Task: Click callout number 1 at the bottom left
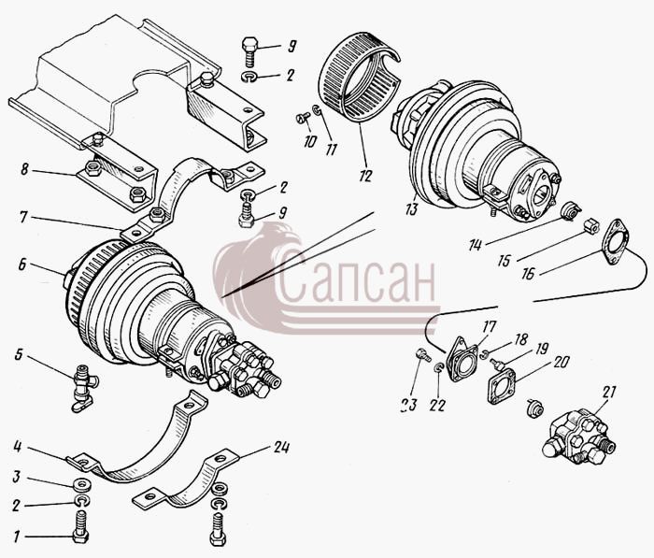coord(16,537)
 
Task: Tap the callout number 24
coord(281,448)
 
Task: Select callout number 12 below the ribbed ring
coord(365,176)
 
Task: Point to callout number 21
coord(608,392)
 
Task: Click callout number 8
coord(24,169)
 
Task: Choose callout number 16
coord(528,274)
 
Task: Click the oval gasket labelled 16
coord(615,242)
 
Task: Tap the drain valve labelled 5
coord(84,386)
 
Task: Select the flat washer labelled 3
coord(81,486)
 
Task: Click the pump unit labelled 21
coord(579,437)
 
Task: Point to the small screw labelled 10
coord(304,118)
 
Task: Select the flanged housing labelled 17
coord(462,359)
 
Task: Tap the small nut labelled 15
coord(591,226)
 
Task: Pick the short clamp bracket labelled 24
coord(186,481)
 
